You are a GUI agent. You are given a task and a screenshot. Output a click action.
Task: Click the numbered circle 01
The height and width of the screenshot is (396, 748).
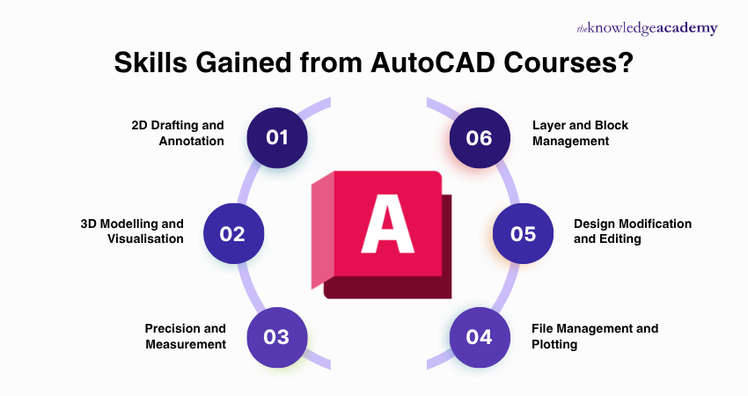277,137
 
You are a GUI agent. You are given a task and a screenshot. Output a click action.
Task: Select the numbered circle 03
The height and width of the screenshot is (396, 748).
277,337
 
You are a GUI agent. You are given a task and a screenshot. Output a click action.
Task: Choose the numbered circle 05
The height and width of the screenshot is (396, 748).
523,234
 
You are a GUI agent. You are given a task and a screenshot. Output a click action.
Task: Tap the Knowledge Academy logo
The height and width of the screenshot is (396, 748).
647,28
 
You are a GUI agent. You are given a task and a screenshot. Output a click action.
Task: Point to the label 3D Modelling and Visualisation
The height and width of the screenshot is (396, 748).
132,231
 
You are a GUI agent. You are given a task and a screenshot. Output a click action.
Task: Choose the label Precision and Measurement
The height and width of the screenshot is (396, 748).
185,336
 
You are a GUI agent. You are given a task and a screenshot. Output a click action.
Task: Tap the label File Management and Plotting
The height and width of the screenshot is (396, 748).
595,336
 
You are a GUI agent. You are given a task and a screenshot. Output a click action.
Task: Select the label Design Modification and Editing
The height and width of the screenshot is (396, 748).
633,231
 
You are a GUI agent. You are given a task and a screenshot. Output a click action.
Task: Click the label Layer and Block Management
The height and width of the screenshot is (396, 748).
581,132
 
